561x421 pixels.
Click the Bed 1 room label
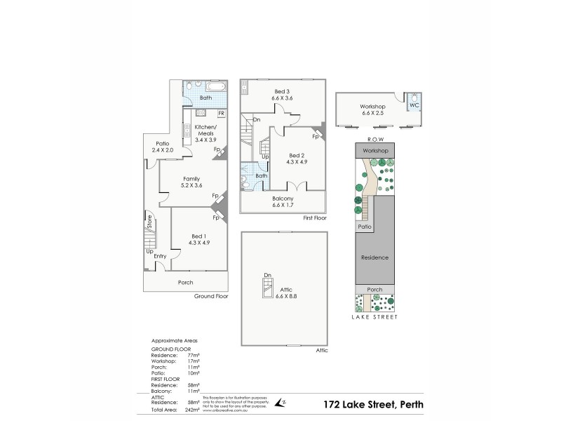click(x=199, y=236)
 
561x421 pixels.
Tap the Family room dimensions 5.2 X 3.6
click(x=191, y=185)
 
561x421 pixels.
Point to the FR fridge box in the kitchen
click(x=221, y=114)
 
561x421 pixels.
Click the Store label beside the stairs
click(x=149, y=222)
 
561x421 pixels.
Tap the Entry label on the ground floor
click(x=160, y=256)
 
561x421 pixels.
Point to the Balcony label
click(x=283, y=199)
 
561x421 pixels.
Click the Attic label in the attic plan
click(x=283, y=289)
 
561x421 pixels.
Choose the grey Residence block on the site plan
click(x=374, y=258)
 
